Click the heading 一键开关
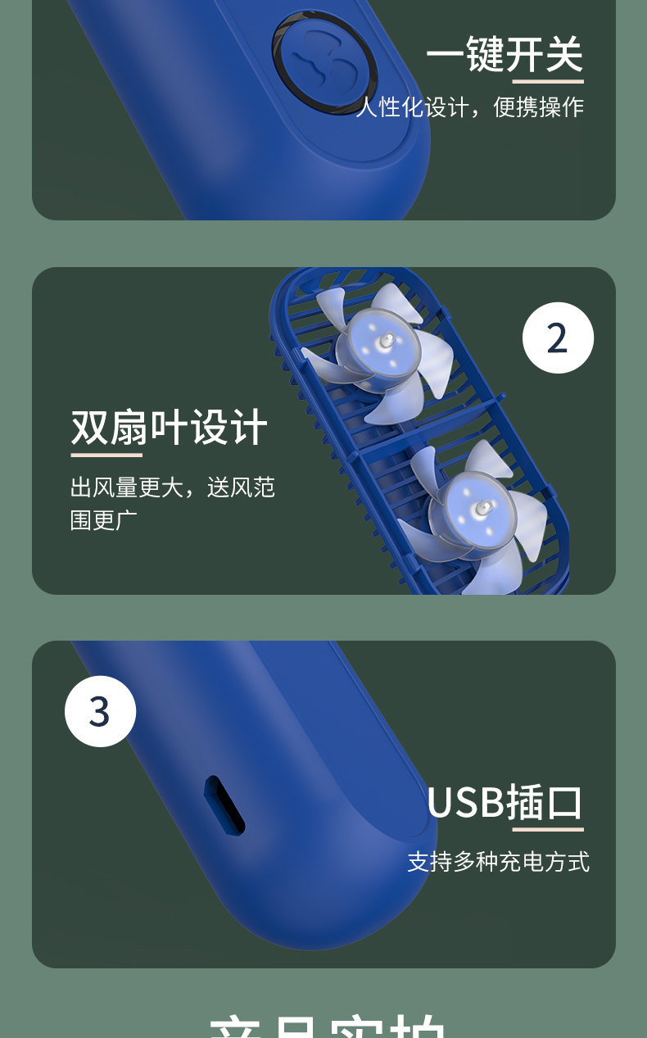pyautogui.click(x=504, y=55)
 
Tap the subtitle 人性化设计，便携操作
pyautogui.click(x=470, y=107)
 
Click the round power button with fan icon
pyautogui.click(x=324, y=61)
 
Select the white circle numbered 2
pyautogui.click(x=558, y=338)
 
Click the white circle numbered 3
pyautogui.click(x=100, y=711)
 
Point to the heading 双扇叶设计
pyautogui.click(x=170, y=427)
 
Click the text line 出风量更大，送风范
pyautogui.click(x=173, y=487)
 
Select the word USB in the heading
pyautogui.click(x=464, y=803)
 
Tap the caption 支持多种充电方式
pyautogui.click(x=498, y=862)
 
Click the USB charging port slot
pyautogui.click(x=224, y=806)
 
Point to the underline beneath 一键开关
pyautogui.click(x=548, y=82)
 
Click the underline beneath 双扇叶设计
pyautogui.click(x=106, y=455)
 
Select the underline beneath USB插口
pyautogui.click(x=548, y=830)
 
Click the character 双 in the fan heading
pyautogui.click(x=90, y=427)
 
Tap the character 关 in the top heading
pyautogui.click(x=564, y=55)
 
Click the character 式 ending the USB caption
pyautogui.click(x=579, y=862)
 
